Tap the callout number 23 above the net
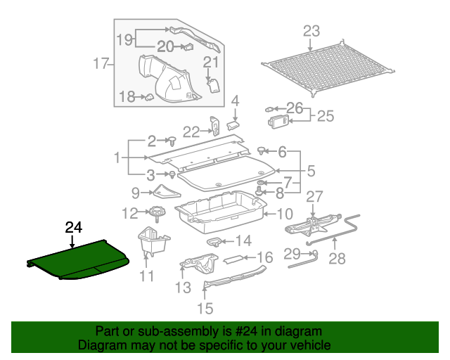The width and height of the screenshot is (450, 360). click(311, 31)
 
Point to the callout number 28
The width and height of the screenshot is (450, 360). click(337, 259)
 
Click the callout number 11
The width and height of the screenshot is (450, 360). click(146, 276)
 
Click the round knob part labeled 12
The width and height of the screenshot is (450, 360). click(155, 212)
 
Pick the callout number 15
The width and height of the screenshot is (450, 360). click(205, 307)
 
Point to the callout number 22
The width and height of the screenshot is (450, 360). click(192, 131)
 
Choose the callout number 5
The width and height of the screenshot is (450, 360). click(310, 170)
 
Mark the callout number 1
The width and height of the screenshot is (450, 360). click(117, 158)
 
